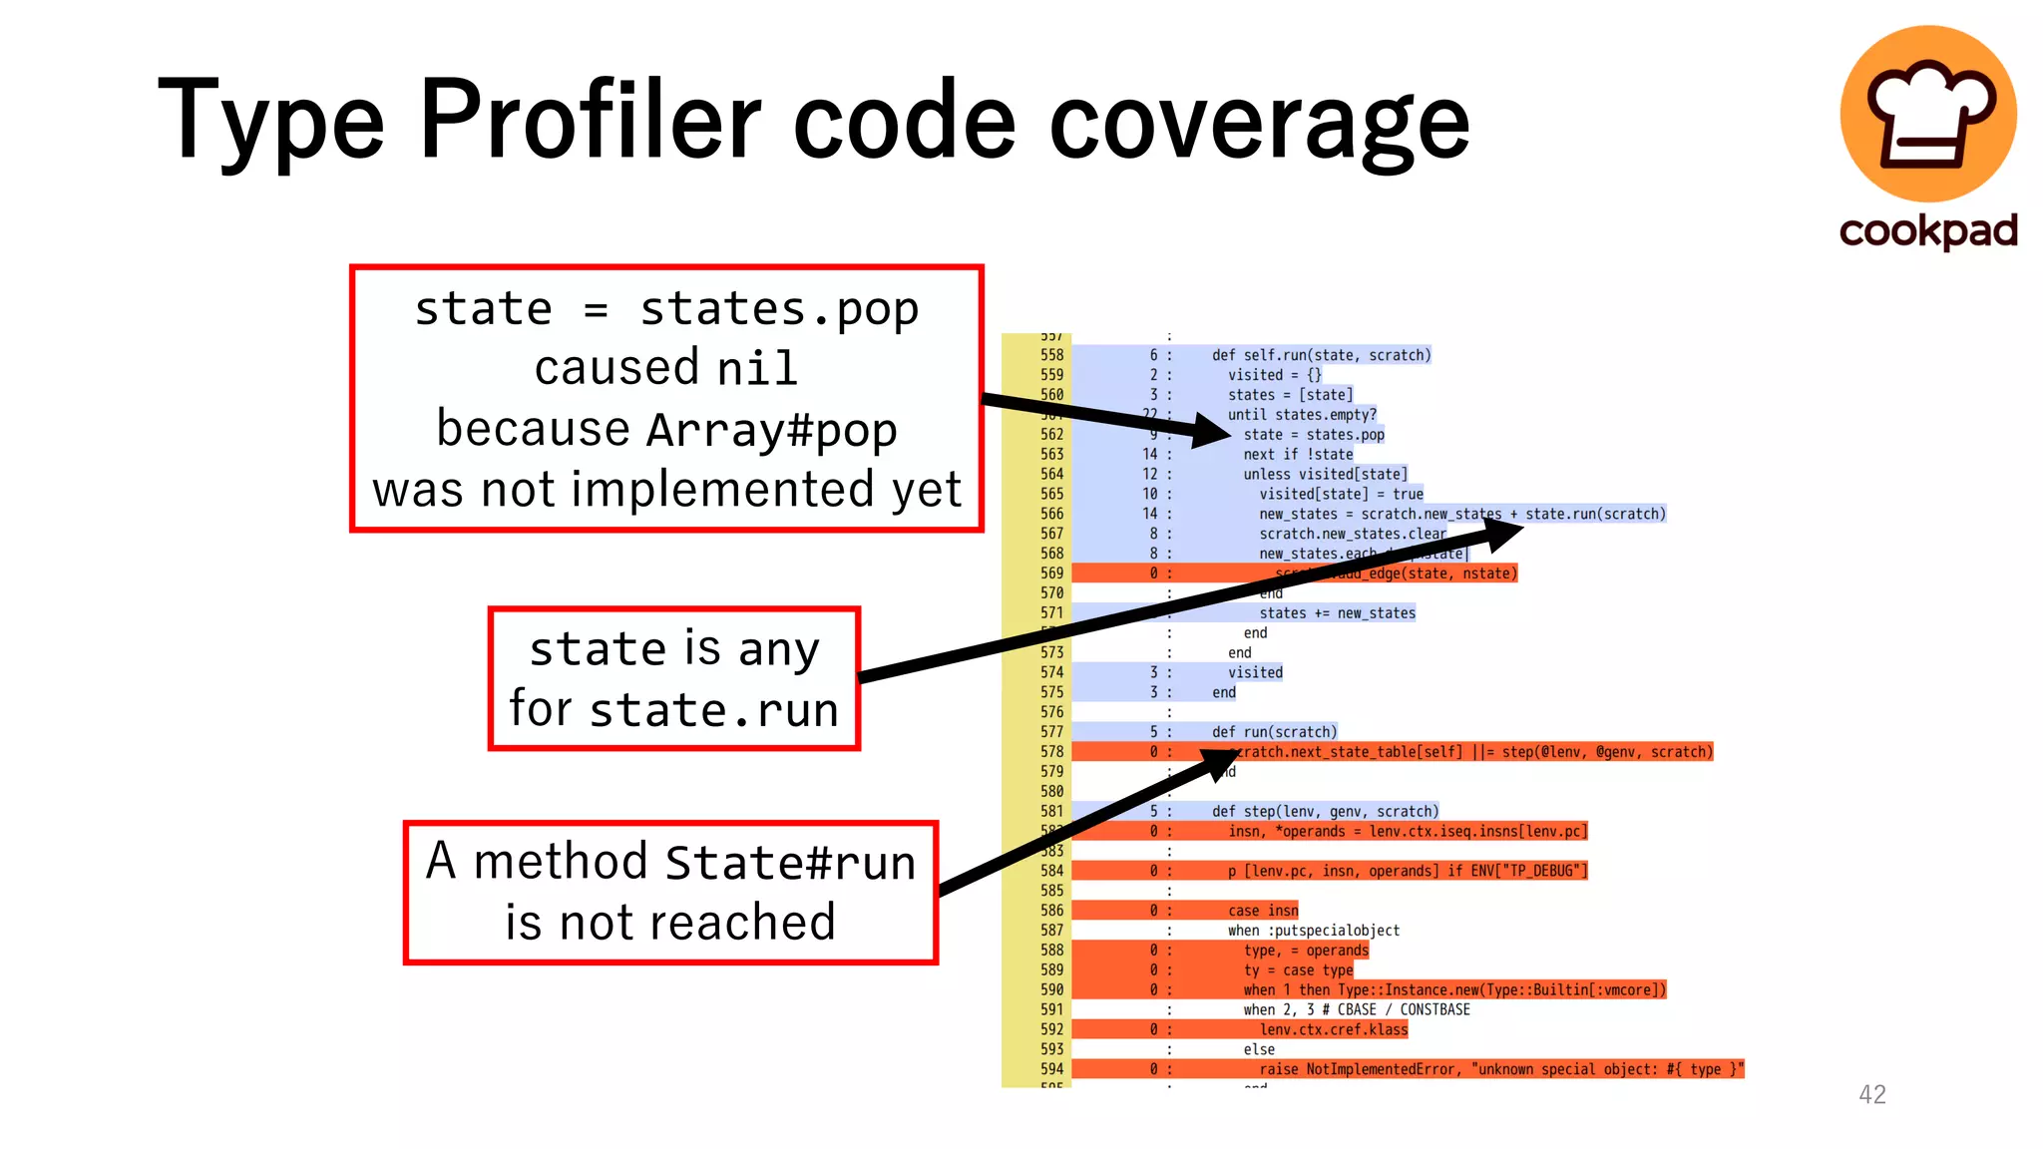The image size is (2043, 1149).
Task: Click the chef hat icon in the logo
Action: [x=1927, y=112]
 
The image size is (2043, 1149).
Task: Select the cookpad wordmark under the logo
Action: [x=1928, y=231]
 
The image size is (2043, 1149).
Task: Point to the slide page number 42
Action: [x=1872, y=1094]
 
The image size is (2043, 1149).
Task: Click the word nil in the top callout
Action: [x=758, y=368]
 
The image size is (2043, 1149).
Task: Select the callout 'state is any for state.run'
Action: [x=674, y=678]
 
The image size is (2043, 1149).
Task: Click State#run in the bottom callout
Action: [x=790, y=862]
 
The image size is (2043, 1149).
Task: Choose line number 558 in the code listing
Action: [x=1052, y=355]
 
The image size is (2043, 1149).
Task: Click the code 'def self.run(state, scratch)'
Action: [x=1321, y=355]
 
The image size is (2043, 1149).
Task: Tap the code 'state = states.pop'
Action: [x=1314, y=435]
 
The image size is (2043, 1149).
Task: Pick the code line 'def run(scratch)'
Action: [x=1274, y=732]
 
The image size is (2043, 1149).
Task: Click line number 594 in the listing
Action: [x=1052, y=1069]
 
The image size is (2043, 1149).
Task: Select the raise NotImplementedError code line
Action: [x=1500, y=1069]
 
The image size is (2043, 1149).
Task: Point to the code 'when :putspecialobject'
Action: [x=1314, y=931]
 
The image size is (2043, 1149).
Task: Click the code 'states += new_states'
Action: [x=1337, y=613]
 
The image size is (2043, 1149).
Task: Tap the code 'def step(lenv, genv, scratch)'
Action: [x=1325, y=812]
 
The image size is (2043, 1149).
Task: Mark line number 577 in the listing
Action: [x=1052, y=732]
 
